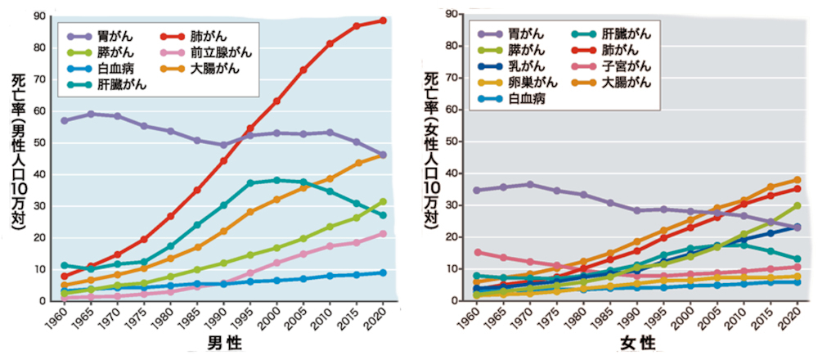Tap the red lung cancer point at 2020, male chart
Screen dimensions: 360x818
point(383,20)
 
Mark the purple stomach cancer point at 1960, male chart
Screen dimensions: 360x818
point(64,120)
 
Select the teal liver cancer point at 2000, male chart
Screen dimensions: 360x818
point(276,180)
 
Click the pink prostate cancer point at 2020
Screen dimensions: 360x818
point(383,234)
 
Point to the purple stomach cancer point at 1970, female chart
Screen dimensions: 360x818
point(530,185)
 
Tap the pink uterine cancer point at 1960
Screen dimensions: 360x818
point(477,252)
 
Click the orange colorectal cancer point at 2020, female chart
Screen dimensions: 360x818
point(796,180)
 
